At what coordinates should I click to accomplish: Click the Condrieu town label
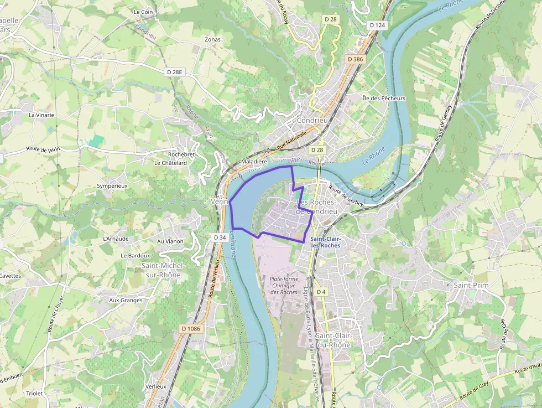(312, 120)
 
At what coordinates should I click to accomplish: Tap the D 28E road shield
(175, 72)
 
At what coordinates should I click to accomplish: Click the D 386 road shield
(355, 59)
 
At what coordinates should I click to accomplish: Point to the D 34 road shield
(220, 237)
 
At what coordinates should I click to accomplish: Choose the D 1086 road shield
(190, 328)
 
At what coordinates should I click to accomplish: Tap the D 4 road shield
(322, 291)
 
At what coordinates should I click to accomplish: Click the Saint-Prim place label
(471, 285)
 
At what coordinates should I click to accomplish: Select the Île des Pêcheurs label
(384, 99)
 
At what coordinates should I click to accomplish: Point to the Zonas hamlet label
(212, 40)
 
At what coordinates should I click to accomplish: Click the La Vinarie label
(41, 115)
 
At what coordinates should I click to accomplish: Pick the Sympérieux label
(112, 186)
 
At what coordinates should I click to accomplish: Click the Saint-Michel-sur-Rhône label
(164, 270)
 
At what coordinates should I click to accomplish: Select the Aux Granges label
(126, 300)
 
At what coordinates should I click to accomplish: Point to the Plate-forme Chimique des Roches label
(284, 285)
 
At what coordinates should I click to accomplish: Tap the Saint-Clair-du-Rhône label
(333, 340)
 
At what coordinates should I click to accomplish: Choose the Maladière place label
(254, 162)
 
